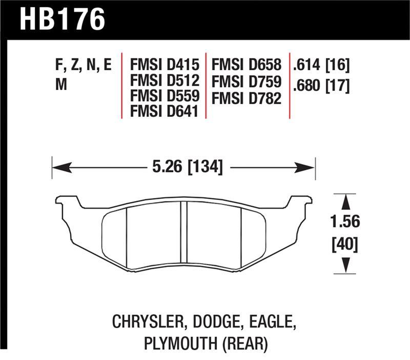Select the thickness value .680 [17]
coord(321,85)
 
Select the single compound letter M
coord(60,85)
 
